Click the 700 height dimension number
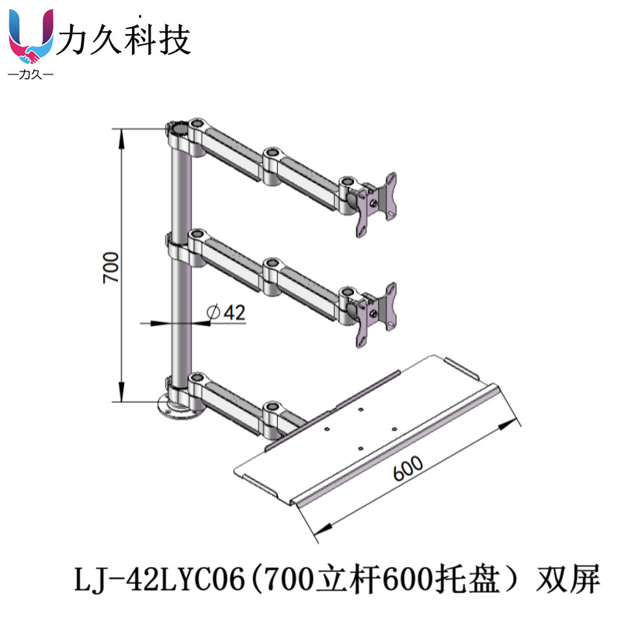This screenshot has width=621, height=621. (111, 267)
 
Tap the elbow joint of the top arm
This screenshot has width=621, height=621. (274, 165)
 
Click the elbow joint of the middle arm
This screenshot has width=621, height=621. (274, 275)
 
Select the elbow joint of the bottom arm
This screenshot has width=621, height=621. (274, 416)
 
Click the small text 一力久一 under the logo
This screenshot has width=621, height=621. (29, 75)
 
